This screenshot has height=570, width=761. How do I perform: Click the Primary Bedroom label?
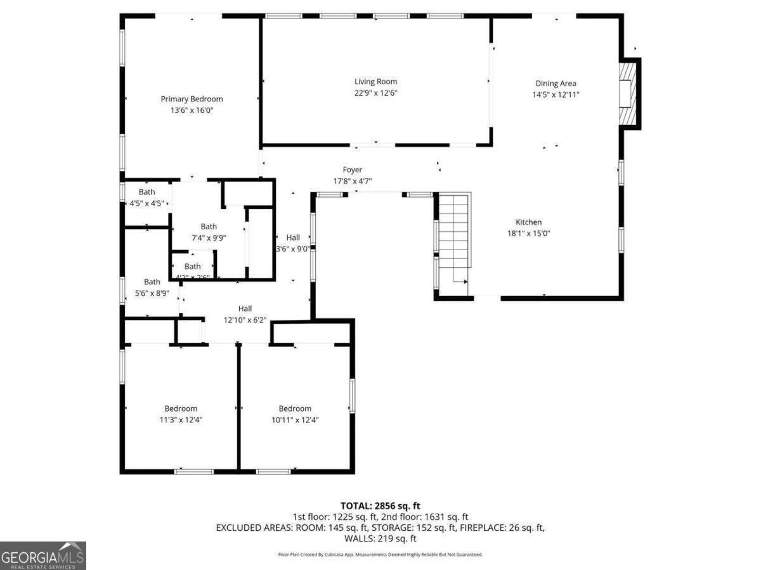192,99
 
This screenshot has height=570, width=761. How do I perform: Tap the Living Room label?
375,82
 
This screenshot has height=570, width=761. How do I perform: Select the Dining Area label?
556,84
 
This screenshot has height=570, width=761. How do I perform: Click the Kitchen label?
528,222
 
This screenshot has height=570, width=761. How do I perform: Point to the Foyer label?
353,170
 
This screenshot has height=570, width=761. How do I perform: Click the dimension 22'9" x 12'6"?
375,93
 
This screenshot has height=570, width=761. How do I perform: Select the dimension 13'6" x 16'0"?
192,110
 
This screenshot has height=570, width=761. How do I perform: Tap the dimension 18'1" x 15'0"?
528,233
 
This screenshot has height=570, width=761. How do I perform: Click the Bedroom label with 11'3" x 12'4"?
181,408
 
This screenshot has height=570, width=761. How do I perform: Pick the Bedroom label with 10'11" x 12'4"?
295,408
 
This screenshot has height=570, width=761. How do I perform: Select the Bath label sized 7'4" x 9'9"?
209,227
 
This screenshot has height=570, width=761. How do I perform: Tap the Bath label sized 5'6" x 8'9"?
152,282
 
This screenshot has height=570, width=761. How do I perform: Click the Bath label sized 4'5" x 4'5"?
146,192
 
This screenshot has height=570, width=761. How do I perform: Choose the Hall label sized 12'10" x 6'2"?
245,309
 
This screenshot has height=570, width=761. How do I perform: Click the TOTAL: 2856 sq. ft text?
380,505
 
